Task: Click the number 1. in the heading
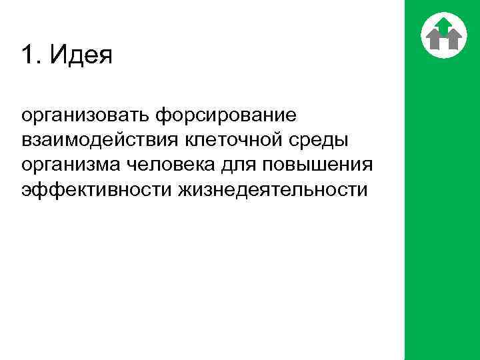pyautogui.click(x=30, y=55)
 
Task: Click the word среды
pyautogui.click(x=323, y=141)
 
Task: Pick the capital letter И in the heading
pyautogui.click(x=55, y=55)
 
